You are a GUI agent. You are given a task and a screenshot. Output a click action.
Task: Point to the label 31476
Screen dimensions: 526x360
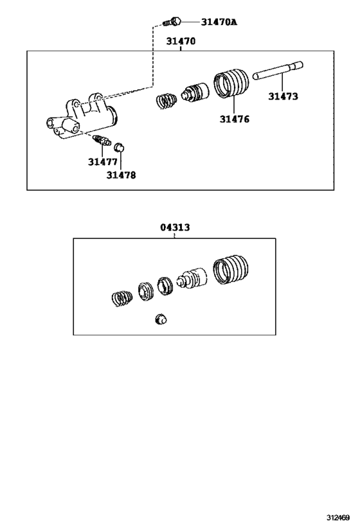(234, 119)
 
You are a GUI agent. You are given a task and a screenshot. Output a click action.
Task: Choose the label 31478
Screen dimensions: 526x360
(121, 174)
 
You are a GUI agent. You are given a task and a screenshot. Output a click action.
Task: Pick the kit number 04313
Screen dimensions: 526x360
(175, 227)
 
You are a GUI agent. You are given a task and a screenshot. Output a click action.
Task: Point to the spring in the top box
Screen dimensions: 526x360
(166, 101)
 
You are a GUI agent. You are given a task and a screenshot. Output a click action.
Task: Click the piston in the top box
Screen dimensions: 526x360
(195, 92)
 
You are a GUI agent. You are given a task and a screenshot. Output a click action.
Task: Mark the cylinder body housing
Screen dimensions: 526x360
(83, 116)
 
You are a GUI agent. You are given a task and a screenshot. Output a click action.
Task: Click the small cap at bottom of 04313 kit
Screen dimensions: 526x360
(161, 319)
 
